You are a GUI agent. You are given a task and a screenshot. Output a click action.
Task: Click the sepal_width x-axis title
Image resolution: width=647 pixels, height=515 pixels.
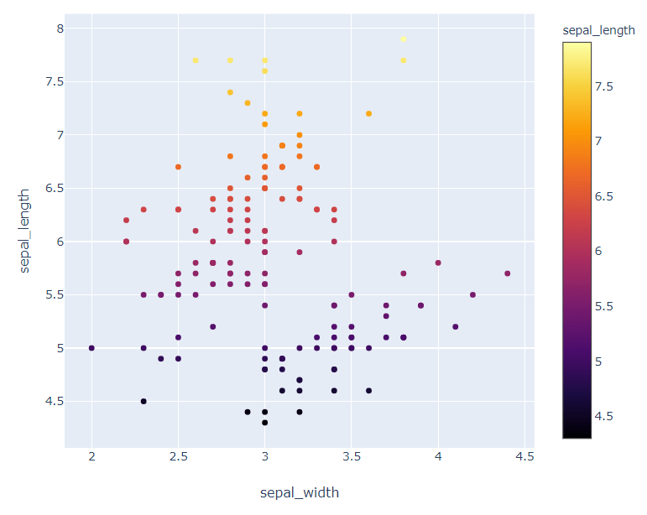[x=300, y=492]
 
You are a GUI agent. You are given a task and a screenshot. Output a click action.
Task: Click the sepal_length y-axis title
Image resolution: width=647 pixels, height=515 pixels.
[x=26, y=228]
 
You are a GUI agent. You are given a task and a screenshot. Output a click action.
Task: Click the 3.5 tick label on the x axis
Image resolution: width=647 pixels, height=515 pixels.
[x=352, y=456]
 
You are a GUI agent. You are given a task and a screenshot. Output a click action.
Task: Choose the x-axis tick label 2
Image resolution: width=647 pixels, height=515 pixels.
[x=91, y=456]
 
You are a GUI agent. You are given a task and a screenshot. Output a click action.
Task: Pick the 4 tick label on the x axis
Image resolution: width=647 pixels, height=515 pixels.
[x=438, y=456]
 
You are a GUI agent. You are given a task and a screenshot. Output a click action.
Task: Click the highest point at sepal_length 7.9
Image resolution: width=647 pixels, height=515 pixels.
[x=404, y=39]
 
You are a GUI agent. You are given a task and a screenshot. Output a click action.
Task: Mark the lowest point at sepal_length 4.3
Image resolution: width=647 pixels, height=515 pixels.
[x=265, y=423]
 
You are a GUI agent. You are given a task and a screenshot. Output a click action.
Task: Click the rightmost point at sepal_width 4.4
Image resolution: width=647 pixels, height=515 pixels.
[x=508, y=273]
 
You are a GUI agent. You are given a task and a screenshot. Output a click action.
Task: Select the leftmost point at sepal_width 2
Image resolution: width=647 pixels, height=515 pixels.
[x=91, y=348]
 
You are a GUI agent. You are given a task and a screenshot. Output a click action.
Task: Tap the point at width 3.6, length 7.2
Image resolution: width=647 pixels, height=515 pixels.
[x=368, y=113]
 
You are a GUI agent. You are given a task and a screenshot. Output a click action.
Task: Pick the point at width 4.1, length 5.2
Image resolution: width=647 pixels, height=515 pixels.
[x=456, y=326]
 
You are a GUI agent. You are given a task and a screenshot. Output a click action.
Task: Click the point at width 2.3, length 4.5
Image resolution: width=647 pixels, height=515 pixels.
[x=143, y=401]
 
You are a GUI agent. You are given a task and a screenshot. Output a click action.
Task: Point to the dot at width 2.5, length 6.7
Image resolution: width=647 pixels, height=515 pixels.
[x=178, y=167]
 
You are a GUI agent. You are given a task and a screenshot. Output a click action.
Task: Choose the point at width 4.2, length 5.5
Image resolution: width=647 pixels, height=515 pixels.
[x=472, y=294]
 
